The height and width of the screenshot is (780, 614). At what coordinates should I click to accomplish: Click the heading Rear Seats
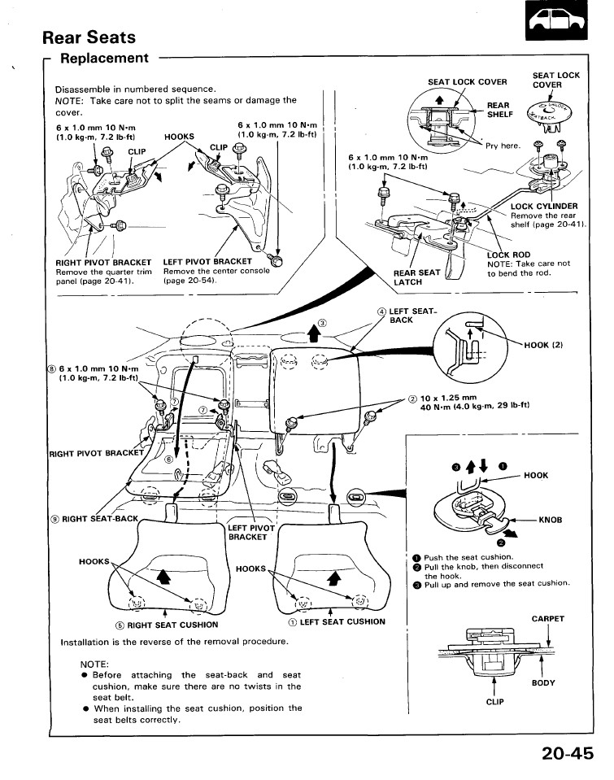89,37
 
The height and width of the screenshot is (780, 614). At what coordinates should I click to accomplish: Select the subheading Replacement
104,59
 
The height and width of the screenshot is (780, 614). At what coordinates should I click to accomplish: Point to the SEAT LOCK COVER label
467,81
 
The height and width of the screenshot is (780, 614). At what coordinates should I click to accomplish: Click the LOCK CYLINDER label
543,206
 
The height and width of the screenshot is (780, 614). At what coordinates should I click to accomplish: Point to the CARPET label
547,619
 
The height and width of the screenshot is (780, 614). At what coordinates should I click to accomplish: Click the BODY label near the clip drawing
543,683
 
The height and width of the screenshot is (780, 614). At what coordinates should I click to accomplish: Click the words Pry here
503,146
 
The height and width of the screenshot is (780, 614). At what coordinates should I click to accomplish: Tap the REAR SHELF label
498,110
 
